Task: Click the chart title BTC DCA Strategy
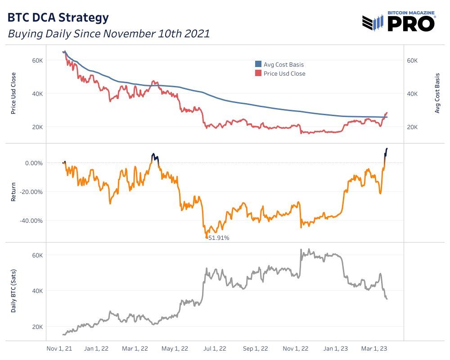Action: pyautogui.click(x=58, y=18)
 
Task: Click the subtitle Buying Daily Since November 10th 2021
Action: pyautogui.click(x=108, y=34)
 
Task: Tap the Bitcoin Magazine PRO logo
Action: pyautogui.click(x=399, y=22)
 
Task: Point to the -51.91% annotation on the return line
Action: pyautogui.click(x=218, y=238)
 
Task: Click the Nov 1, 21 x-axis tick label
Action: pyautogui.click(x=60, y=348)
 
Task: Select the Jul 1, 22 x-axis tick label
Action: pyautogui.click(x=215, y=348)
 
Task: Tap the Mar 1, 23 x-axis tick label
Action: pyautogui.click(x=372, y=348)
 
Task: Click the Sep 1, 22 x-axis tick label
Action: pyautogui.click(x=255, y=348)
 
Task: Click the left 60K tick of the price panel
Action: pyautogui.click(x=36, y=60)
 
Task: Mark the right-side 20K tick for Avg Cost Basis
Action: pyautogui.click(x=413, y=127)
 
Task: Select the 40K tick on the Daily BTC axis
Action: pyautogui.click(x=36, y=291)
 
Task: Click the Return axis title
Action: pyautogui.click(x=13, y=191)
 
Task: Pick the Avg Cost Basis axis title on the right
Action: pyautogui.click(x=437, y=94)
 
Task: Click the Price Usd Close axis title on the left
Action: pyautogui.click(x=13, y=93)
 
